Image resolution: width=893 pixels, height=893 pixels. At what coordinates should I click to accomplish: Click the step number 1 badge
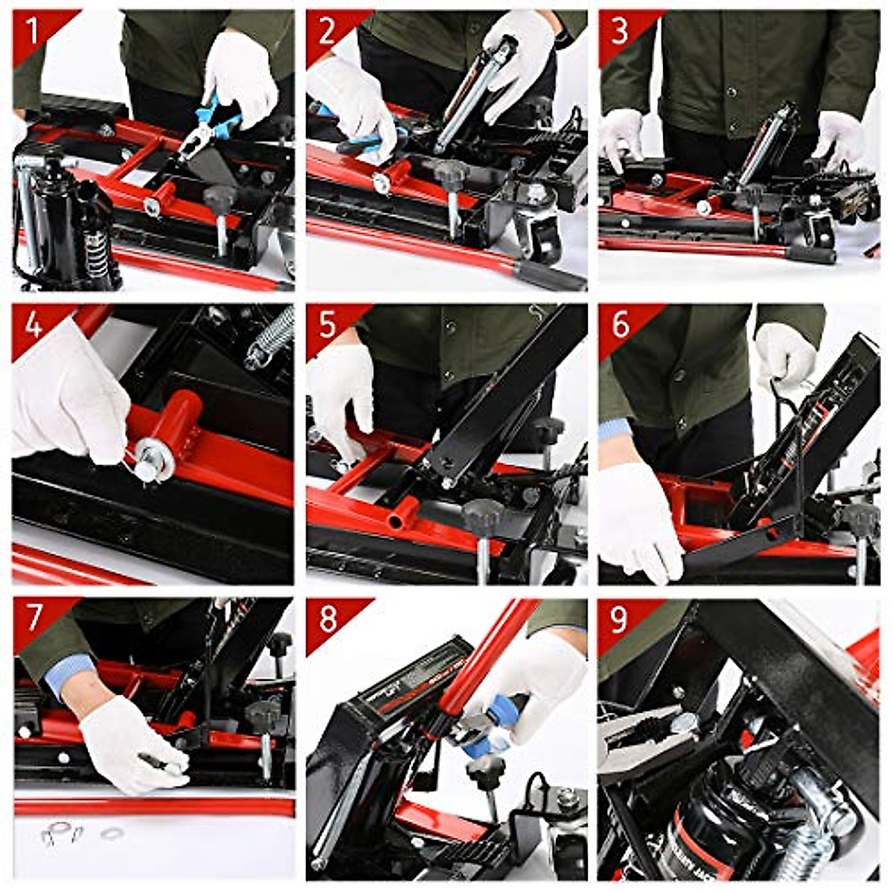[32, 31]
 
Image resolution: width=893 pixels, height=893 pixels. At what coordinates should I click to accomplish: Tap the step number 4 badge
[33, 326]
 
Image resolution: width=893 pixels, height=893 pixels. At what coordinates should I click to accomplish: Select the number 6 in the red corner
[620, 326]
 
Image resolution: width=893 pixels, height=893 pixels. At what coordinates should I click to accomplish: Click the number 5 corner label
[327, 326]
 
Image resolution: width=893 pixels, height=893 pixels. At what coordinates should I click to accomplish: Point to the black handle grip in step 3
[811, 255]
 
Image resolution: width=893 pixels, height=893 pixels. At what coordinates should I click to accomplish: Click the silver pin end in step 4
[147, 470]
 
